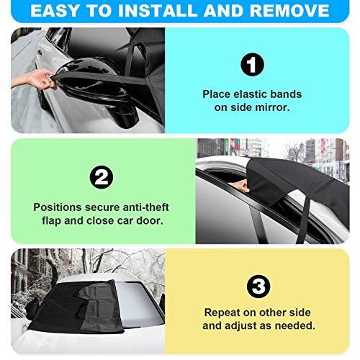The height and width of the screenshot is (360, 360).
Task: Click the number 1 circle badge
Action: (252, 66)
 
